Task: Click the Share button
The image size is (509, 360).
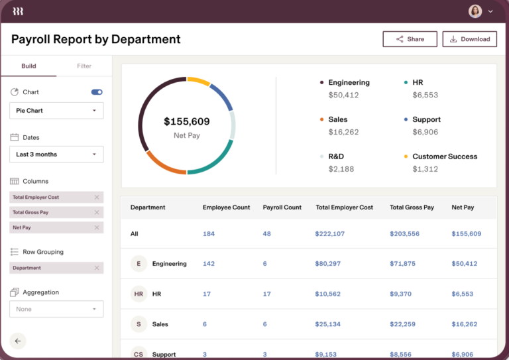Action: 410,39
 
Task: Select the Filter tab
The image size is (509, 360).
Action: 84,66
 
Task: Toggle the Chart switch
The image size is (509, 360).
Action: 97,92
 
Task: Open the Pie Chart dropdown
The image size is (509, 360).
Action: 56,111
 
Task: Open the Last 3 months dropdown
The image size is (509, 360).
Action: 56,154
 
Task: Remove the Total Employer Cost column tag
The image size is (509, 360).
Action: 97,198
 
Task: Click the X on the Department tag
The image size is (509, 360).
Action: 97,268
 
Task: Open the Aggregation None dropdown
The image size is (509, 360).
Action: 56,309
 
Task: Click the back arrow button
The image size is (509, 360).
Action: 18,341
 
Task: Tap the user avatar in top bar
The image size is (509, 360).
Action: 475,11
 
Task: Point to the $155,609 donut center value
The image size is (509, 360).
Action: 186,122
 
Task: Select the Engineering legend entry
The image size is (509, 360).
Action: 349,83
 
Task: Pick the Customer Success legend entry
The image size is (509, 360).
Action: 444,156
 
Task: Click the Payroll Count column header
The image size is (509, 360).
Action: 282,208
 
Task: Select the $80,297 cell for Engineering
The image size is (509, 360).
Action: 328,264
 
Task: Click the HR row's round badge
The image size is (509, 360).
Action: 139,294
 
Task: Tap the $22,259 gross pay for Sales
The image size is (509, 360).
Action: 402,324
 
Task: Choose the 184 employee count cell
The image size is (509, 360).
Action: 209,234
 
